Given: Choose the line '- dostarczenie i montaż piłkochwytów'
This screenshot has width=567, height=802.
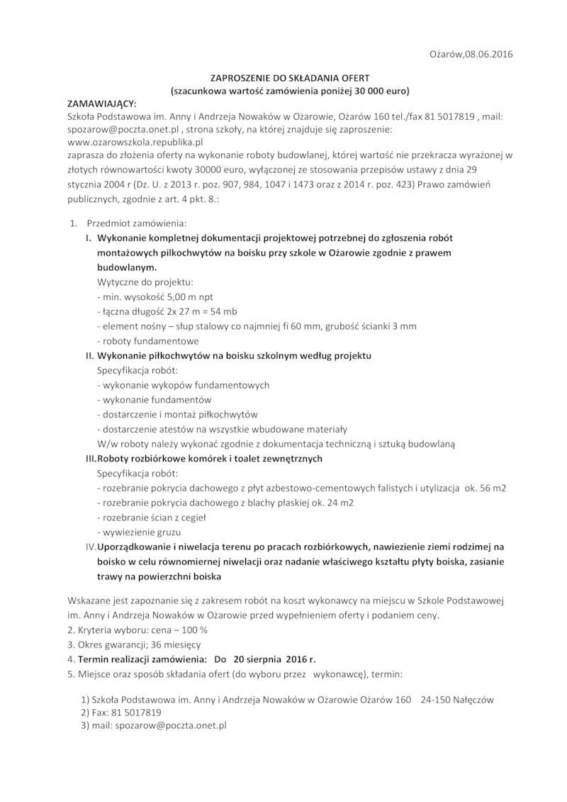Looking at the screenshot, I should [176, 414].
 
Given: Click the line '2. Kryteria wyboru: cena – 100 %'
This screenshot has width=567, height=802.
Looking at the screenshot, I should [137, 630].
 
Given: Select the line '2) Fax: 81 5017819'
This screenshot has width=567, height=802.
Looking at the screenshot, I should [121, 712].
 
